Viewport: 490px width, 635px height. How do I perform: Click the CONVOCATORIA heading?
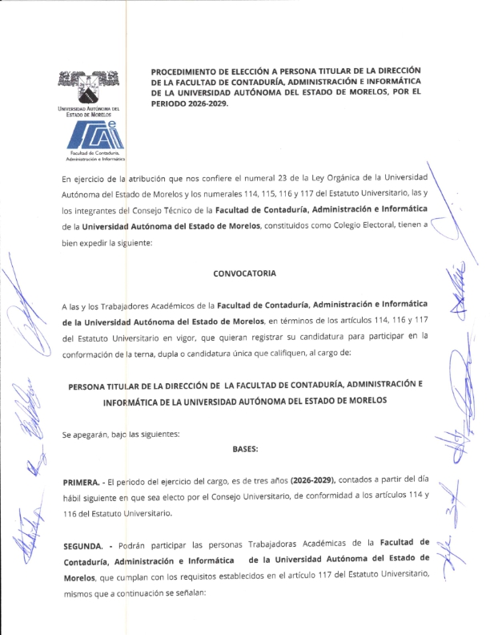tap(245, 273)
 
